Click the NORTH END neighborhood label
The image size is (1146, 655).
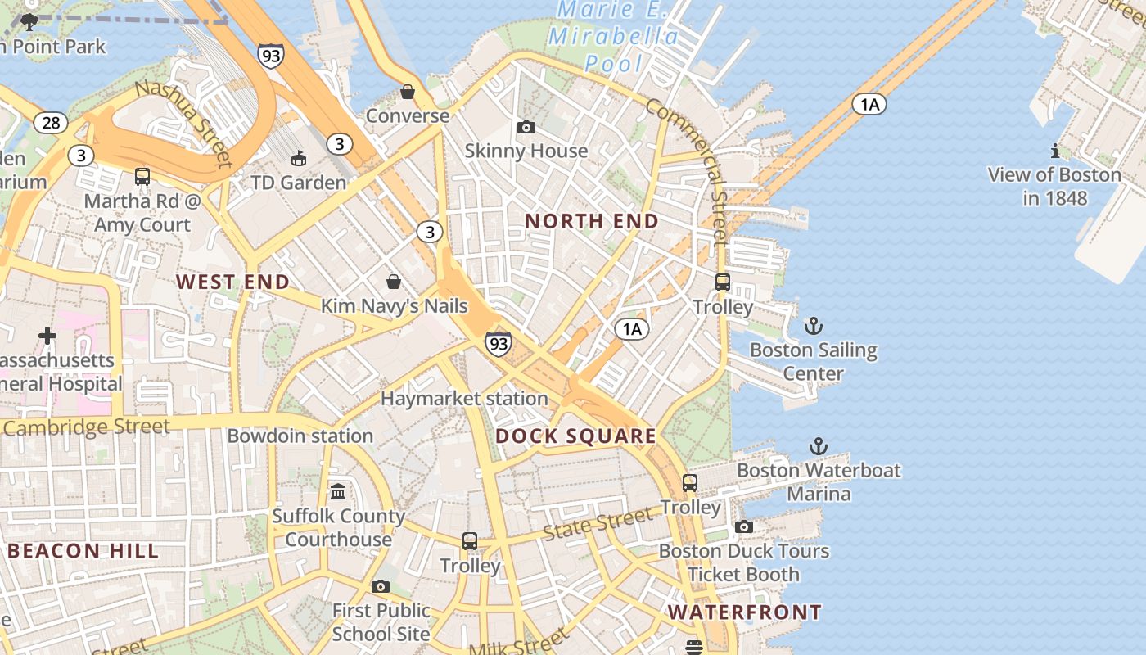[x=591, y=221]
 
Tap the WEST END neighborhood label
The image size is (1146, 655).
[x=232, y=282]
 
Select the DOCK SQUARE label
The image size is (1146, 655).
[x=575, y=436]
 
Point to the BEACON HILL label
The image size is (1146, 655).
[x=83, y=551]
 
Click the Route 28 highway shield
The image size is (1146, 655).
[x=51, y=123]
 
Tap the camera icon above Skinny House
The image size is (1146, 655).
[x=526, y=127]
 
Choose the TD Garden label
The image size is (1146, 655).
[x=299, y=183]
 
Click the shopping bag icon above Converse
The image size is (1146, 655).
[x=408, y=92]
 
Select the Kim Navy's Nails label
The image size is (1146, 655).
[x=394, y=306]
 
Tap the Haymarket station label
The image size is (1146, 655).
[x=464, y=399]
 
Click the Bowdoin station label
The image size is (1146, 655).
[x=300, y=436]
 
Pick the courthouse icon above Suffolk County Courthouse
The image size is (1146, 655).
[x=338, y=491]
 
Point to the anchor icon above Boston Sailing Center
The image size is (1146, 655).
[x=813, y=327]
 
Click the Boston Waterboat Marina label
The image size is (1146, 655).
[x=818, y=482]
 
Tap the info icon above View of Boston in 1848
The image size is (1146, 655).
[x=1054, y=151]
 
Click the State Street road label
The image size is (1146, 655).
[x=598, y=523]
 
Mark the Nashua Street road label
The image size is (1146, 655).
[x=183, y=123]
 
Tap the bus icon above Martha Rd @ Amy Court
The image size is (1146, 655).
[x=142, y=176]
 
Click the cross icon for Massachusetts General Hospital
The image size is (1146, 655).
[x=47, y=336]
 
